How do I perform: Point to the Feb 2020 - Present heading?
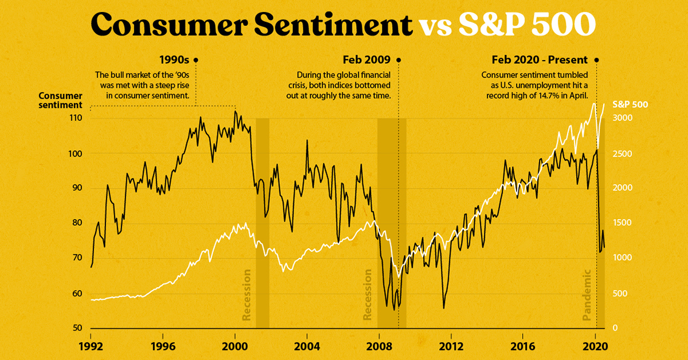[540, 60]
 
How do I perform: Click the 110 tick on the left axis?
[76, 118]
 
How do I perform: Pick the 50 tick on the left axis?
[77, 328]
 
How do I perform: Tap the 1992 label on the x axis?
[91, 346]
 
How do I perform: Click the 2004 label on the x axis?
[307, 346]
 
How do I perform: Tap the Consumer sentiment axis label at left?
[60, 100]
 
